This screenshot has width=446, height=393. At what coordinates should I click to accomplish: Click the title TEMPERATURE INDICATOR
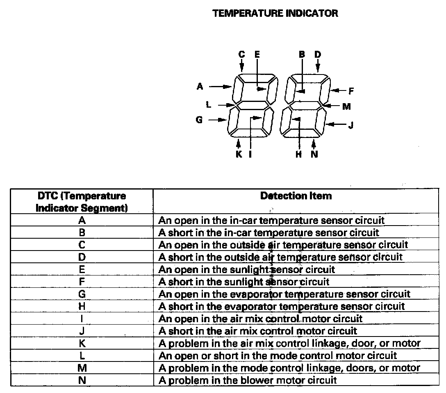coord(275,13)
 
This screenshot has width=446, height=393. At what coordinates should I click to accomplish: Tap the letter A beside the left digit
coord(200,86)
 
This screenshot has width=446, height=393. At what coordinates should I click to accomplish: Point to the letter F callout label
coord(351,91)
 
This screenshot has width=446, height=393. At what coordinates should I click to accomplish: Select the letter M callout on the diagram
coord(346,106)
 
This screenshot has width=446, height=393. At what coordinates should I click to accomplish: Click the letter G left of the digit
coord(199,120)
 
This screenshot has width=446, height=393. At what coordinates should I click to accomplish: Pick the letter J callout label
coord(351,125)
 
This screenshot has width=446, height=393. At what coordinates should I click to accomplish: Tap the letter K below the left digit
coord(239,154)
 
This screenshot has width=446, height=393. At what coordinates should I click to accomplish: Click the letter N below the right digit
coord(314,154)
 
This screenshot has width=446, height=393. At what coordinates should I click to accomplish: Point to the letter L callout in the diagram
coord(208,105)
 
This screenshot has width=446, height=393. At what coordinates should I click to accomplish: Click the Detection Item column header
coord(296,196)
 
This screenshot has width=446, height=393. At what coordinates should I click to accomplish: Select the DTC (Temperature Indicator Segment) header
coord(82,202)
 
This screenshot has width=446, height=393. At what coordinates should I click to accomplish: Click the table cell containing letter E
coord(82,269)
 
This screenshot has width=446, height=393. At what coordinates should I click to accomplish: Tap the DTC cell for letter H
coord(82,306)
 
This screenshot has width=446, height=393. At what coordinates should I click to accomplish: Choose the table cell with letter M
coord(82,368)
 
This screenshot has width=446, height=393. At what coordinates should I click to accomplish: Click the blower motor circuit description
coord(248,380)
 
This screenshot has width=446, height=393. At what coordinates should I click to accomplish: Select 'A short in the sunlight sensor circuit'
coord(244,282)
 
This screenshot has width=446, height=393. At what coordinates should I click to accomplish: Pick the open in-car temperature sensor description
coord(271,220)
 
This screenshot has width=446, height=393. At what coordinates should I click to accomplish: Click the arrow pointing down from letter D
coord(318,65)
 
